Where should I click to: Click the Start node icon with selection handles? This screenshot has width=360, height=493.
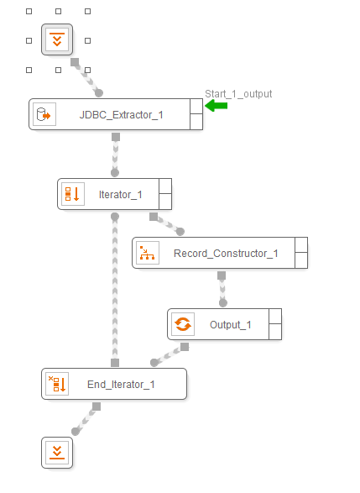pos(57,39)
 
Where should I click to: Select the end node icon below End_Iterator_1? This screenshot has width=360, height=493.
pos(57,453)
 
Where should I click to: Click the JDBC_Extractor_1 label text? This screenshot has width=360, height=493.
pos(121,115)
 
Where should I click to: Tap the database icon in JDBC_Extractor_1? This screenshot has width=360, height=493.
pos(44,114)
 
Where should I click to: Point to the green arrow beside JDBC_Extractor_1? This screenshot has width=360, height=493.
pos(217,105)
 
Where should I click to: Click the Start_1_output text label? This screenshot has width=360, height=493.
pos(238,94)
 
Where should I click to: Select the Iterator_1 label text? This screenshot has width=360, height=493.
pos(121,195)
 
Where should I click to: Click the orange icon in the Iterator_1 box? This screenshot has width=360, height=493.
pos(72,194)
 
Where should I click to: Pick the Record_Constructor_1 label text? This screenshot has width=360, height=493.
pos(226,254)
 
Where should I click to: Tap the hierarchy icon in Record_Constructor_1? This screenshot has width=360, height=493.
pos(148,253)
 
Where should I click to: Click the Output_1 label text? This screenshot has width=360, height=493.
pos(231,325)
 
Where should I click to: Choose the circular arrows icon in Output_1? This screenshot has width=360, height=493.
pos(183,324)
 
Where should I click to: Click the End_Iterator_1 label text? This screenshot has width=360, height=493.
pos(121,385)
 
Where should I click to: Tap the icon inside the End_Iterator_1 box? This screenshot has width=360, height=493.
pos(57,384)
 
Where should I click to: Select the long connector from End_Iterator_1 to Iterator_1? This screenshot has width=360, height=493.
pos(115,290)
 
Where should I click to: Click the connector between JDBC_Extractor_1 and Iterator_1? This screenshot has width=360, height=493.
pos(115,155)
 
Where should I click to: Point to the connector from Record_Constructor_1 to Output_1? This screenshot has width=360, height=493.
pos(222,289)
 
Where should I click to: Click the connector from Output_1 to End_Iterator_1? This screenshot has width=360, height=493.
pos(170,354)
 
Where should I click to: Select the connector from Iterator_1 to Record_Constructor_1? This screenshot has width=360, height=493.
pos(167,224)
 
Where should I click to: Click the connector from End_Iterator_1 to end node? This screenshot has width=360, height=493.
pos(86,419)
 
